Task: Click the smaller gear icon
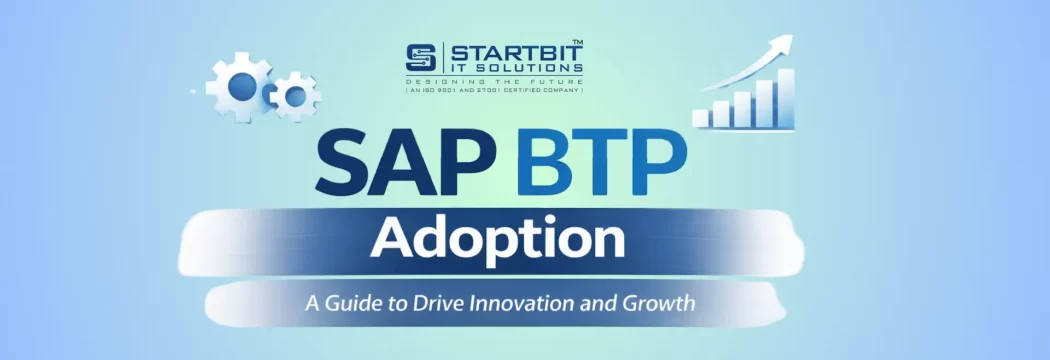(x=295, y=96)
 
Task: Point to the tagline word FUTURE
(x=551, y=80)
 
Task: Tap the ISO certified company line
(x=494, y=90)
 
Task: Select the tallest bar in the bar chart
(x=786, y=97)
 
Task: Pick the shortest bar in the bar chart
(x=700, y=118)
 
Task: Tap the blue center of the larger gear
(x=241, y=87)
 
